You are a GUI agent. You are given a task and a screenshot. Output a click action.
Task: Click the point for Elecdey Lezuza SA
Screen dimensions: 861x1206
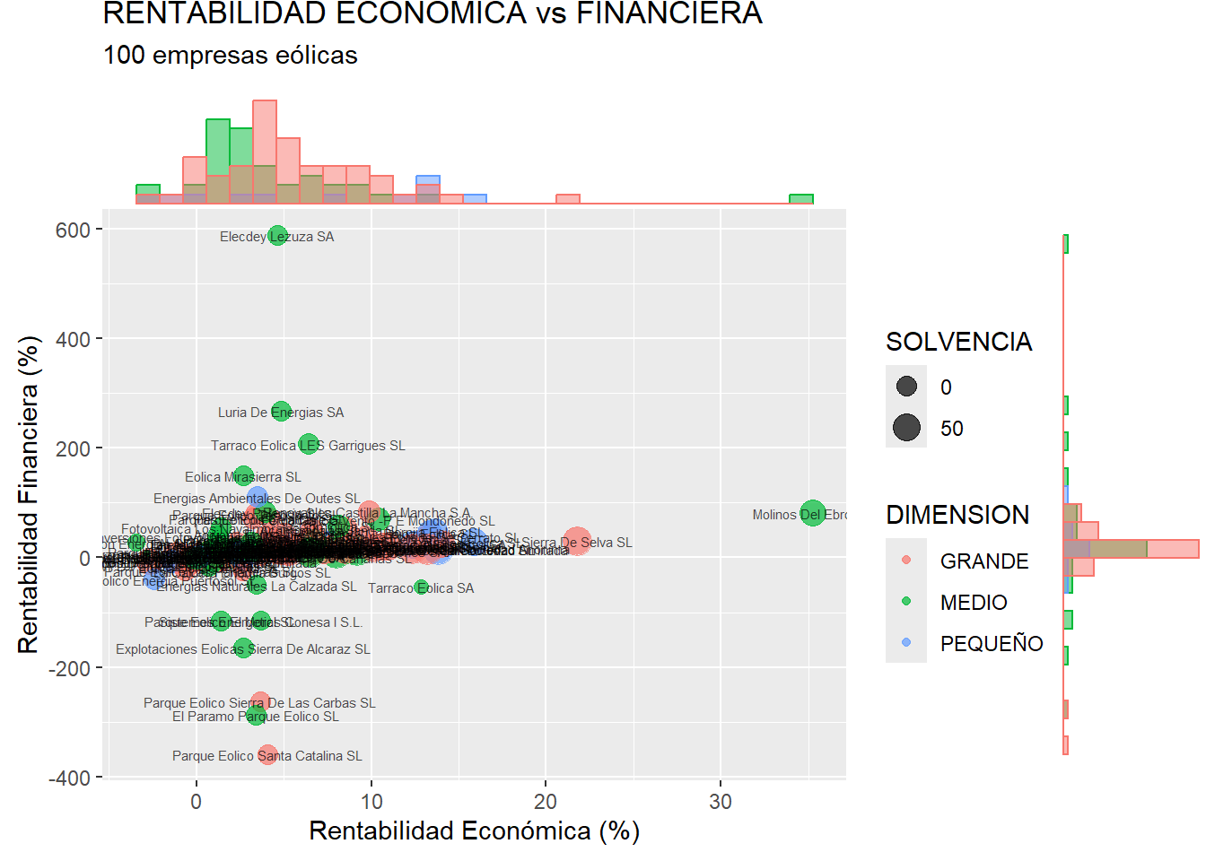pyautogui.click(x=278, y=236)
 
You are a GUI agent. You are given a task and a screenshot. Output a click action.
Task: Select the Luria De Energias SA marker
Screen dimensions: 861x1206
pyautogui.click(x=281, y=412)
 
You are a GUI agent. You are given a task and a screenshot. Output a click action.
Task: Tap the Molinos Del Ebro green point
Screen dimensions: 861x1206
pyautogui.click(x=812, y=514)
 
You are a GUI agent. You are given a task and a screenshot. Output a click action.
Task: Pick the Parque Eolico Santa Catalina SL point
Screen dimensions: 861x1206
pyautogui.click(x=267, y=755)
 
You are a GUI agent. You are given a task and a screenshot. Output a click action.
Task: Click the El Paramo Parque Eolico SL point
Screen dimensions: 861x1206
pyautogui.click(x=256, y=716)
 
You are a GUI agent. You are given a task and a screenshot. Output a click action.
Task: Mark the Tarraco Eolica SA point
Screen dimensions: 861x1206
pyautogui.click(x=421, y=587)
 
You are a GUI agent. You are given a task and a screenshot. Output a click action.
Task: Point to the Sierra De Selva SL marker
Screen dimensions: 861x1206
pyautogui.click(x=577, y=542)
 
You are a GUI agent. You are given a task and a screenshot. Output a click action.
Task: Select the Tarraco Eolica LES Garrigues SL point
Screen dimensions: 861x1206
pyautogui.click(x=309, y=444)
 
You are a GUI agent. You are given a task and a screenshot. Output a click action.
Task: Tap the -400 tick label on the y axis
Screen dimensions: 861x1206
pyautogui.click(x=69, y=778)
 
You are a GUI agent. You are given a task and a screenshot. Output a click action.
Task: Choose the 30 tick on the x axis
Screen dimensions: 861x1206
pyautogui.click(x=721, y=801)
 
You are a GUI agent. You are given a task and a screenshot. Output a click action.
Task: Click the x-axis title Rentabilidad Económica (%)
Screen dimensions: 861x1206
pyautogui.click(x=474, y=831)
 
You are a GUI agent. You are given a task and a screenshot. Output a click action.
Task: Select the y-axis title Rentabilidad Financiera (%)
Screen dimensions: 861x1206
pyautogui.click(x=29, y=494)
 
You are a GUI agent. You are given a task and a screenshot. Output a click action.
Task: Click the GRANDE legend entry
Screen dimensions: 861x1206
pyautogui.click(x=983, y=561)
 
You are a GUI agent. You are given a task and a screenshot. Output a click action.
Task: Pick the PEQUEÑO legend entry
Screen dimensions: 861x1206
pyautogui.click(x=991, y=644)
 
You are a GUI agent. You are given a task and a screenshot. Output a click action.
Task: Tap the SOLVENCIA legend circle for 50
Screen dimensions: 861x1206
pyautogui.click(x=906, y=428)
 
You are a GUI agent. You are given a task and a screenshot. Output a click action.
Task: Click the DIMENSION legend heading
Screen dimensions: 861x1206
pyautogui.click(x=957, y=515)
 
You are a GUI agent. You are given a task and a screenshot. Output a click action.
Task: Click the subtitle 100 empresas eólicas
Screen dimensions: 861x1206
pyautogui.click(x=231, y=56)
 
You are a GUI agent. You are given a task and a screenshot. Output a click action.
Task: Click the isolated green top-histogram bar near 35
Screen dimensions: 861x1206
pyautogui.click(x=801, y=199)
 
